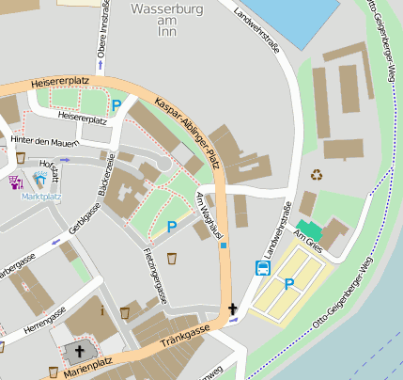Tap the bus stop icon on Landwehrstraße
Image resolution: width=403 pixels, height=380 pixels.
(x=262, y=268)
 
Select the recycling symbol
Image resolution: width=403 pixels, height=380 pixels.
(x=317, y=174)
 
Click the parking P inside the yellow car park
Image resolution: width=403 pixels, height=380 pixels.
(x=289, y=283)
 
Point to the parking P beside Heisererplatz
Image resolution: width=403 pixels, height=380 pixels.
(x=116, y=105)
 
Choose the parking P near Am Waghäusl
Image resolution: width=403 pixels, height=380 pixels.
(x=171, y=227)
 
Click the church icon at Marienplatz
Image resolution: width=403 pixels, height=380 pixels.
(x=76, y=354)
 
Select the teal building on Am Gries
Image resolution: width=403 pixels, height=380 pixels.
(x=308, y=230)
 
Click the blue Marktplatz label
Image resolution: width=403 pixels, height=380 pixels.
(x=41, y=198)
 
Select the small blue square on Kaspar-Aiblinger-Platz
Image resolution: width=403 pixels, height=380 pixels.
(x=225, y=245)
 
